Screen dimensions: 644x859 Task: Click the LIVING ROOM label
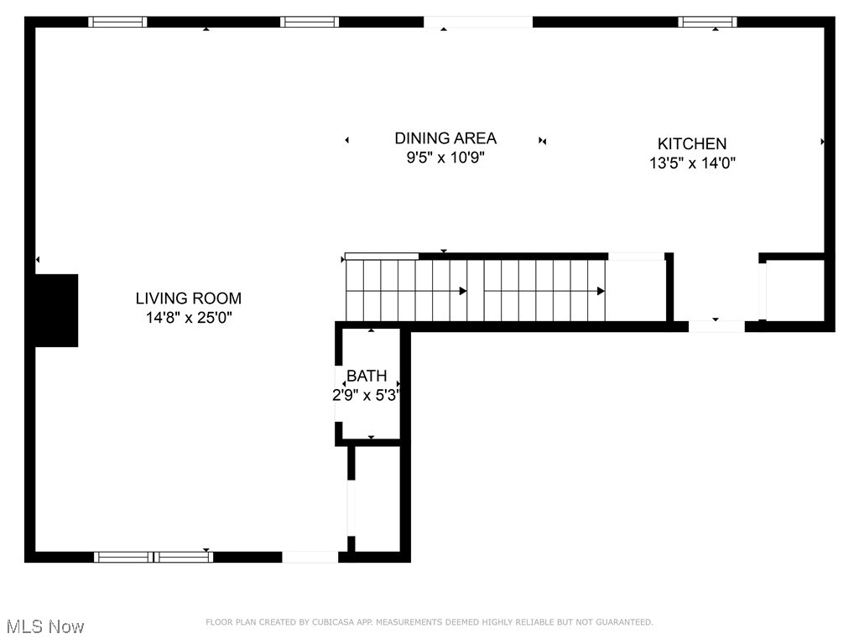click(x=188, y=298)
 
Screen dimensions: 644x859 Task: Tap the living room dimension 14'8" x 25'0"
click(x=188, y=318)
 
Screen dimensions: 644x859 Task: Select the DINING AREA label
click(x=445, y=138)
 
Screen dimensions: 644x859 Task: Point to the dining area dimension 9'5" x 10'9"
click(x=445, y=157)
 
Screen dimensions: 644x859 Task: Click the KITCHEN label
click(x=691, y=143)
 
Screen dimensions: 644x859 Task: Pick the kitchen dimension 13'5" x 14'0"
click(x=692, y=164)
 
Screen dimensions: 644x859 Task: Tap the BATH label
click(x=367, y=376)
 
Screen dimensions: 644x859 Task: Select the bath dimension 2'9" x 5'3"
click(x=367, y=395)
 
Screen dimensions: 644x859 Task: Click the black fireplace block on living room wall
click(x=55, y=310)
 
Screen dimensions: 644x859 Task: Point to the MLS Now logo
click(x=45, y=626)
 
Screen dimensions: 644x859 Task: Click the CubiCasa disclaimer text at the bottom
click(x=429, y=622)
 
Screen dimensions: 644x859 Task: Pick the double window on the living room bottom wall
click(x=154, y=556)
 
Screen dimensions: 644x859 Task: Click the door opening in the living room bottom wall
click(x=310, y=556)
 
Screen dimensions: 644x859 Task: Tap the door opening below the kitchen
click(x=716, y=326)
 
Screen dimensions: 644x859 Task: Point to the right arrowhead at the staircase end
click(x=601, y=291)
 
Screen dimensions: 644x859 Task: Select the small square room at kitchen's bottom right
click(x=794, y=289)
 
